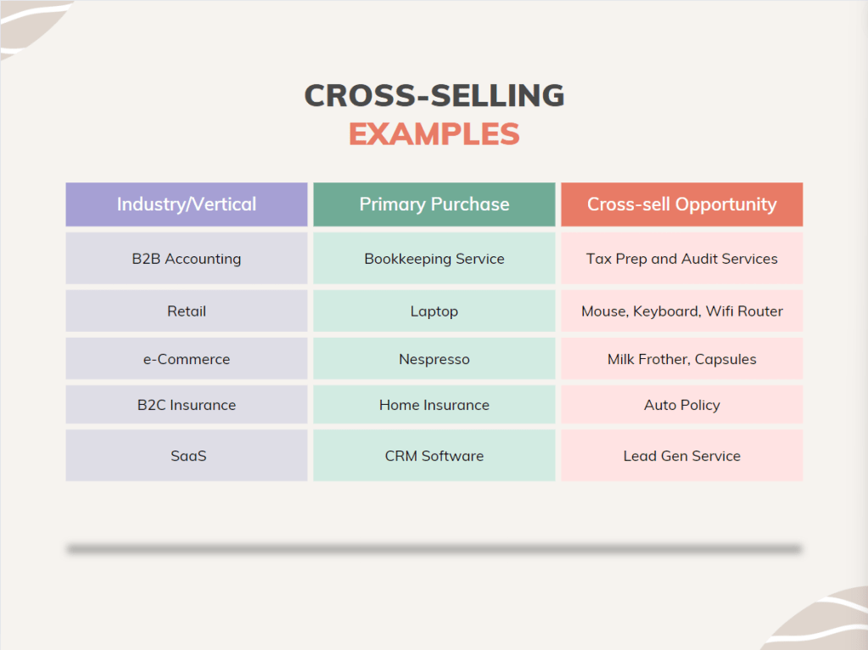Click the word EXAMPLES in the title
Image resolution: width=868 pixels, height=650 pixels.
[x=434, y=134]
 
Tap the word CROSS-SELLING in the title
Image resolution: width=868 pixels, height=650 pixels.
[x=434, y=95]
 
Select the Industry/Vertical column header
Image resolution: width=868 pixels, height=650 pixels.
[x=187, y=205]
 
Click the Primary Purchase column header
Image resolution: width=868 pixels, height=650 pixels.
[x=434, y=205]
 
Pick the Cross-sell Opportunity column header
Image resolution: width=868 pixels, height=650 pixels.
[x=681, y=205]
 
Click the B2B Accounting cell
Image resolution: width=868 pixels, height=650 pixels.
[x=187, y=259]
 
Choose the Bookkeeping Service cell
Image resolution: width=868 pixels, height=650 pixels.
[x=434, y=259]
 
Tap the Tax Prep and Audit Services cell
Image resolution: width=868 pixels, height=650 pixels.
[x=681, y=259]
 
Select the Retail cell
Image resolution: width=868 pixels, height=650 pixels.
[x=187, y=311]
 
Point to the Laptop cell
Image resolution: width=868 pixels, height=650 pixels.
[x=434, y=311]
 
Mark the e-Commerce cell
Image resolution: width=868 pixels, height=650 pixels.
[x=187, y=359]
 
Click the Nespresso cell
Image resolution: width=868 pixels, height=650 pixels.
[x=434, y=359]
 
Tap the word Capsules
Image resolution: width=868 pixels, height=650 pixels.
[x=725, y=359]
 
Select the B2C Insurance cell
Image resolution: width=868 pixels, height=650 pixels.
[x=187, y=405]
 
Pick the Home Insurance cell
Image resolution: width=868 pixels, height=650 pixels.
[x=434, y=405]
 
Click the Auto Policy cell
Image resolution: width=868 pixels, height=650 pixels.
[x=681, y=405]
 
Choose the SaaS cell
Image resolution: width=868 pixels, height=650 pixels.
[x=187, y=456]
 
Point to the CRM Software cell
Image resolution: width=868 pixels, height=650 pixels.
[x=434, y=456]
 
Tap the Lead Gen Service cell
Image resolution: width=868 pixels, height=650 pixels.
[x=681, y=456]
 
